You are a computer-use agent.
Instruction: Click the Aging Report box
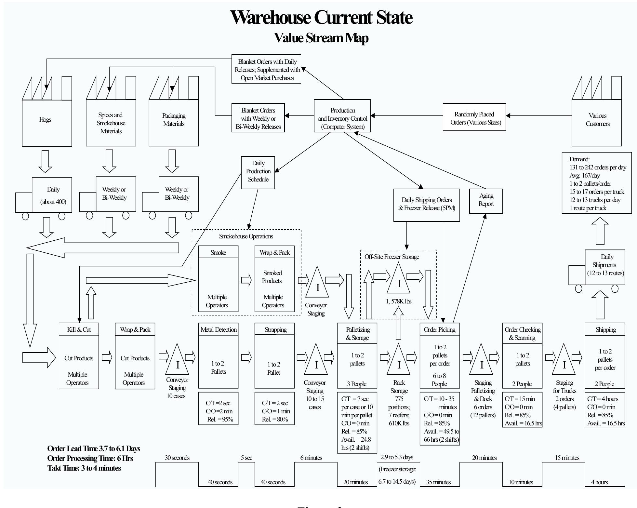coord(486,201)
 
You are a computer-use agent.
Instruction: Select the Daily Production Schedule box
coord(258,172)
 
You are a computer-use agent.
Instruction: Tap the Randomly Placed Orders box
coord(474,117)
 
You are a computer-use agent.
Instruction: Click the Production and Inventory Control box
coord(342,116)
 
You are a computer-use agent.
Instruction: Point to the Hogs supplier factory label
coord(45,120)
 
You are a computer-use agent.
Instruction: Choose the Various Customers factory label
coord(597,120)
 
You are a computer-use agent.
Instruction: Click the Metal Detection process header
coord(219,329)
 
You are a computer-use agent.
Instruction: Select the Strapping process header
coord(275,329)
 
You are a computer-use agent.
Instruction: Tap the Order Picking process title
coord(440,329)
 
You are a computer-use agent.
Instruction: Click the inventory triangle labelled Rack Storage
coord(399,361)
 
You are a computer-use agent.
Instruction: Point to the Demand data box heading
coord(579,159)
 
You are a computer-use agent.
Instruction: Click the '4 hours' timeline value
coord(599,482)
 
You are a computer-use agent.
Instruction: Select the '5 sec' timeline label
coord(246,458)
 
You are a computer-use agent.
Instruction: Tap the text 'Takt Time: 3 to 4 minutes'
coord(84,468)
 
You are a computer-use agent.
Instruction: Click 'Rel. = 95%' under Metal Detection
coord(220,420)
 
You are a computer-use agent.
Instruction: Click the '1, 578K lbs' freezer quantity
coord(399,301)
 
